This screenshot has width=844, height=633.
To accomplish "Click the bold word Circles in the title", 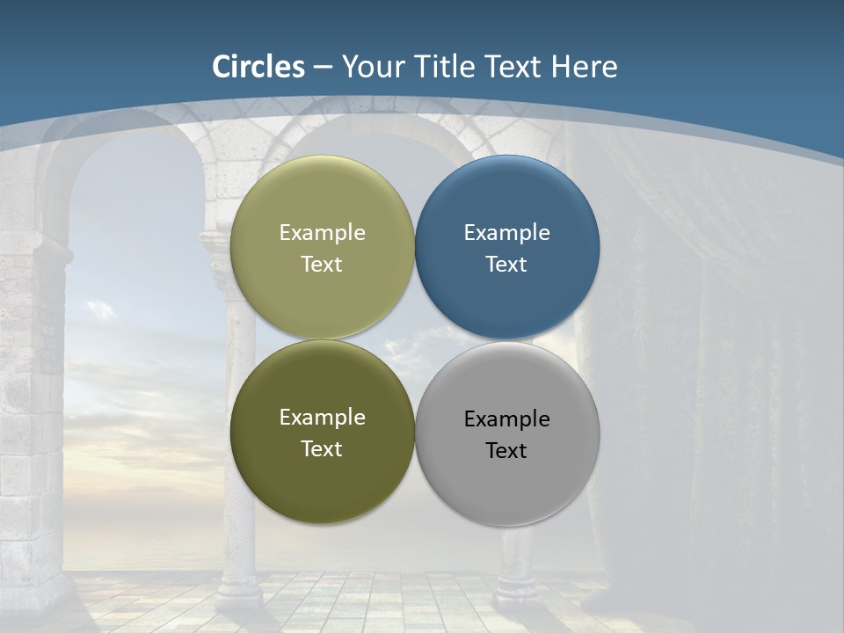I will tap(258, 67).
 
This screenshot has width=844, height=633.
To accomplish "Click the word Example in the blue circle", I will tap(506, 233).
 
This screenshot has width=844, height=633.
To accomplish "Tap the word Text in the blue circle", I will tap(506, 265).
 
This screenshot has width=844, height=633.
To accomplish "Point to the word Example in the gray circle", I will tap(506, 419).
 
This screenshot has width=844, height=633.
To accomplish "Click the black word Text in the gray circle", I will tap(506, 451).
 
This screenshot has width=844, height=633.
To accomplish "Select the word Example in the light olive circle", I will tap(322, 233).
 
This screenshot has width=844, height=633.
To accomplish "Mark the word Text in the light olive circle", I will tap(322, 265).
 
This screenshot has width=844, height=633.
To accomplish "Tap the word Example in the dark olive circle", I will tap(322, 418).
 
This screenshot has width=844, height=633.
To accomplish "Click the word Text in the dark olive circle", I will tap(322, 449).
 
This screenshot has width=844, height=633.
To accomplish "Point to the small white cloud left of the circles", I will tap(100, 309).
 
